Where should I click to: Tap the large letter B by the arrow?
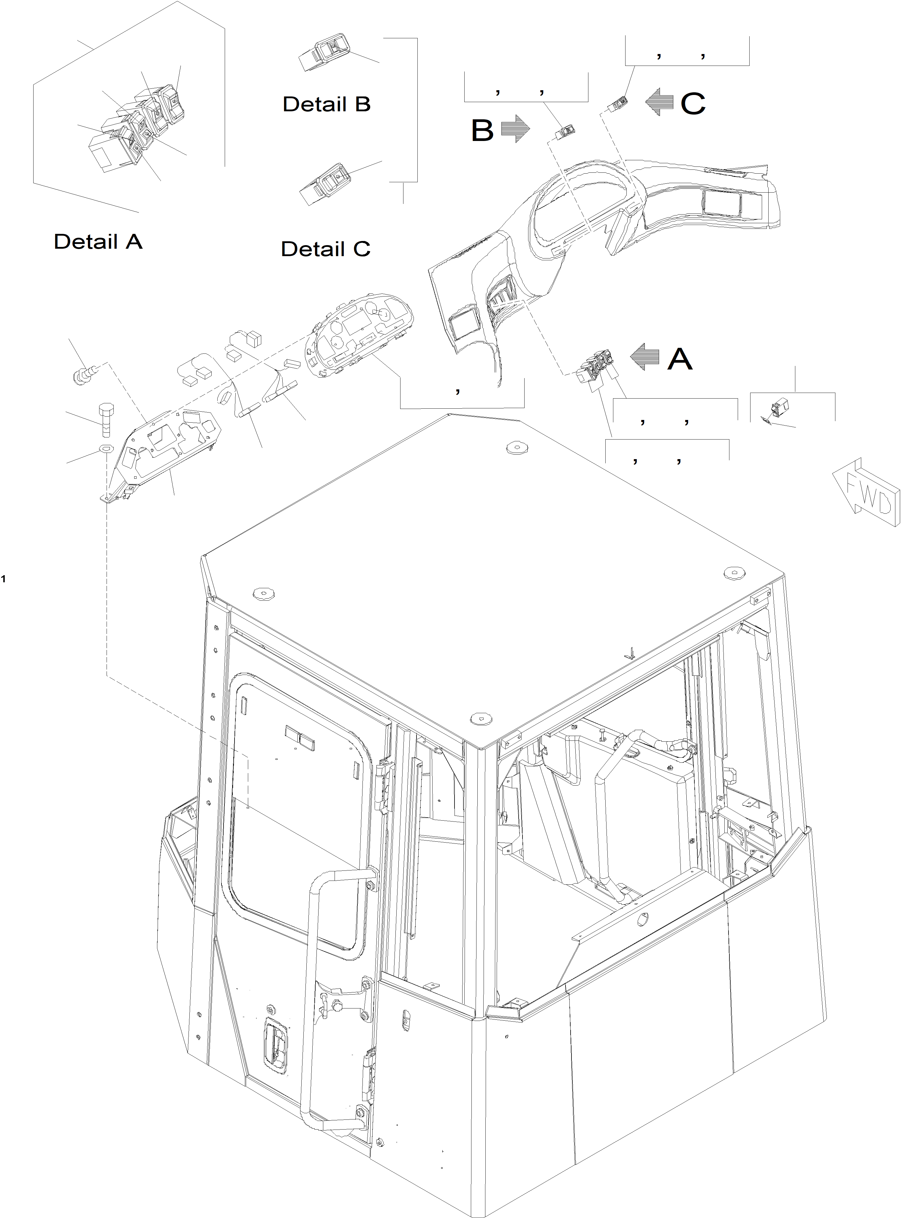click(x=482, y=130)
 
